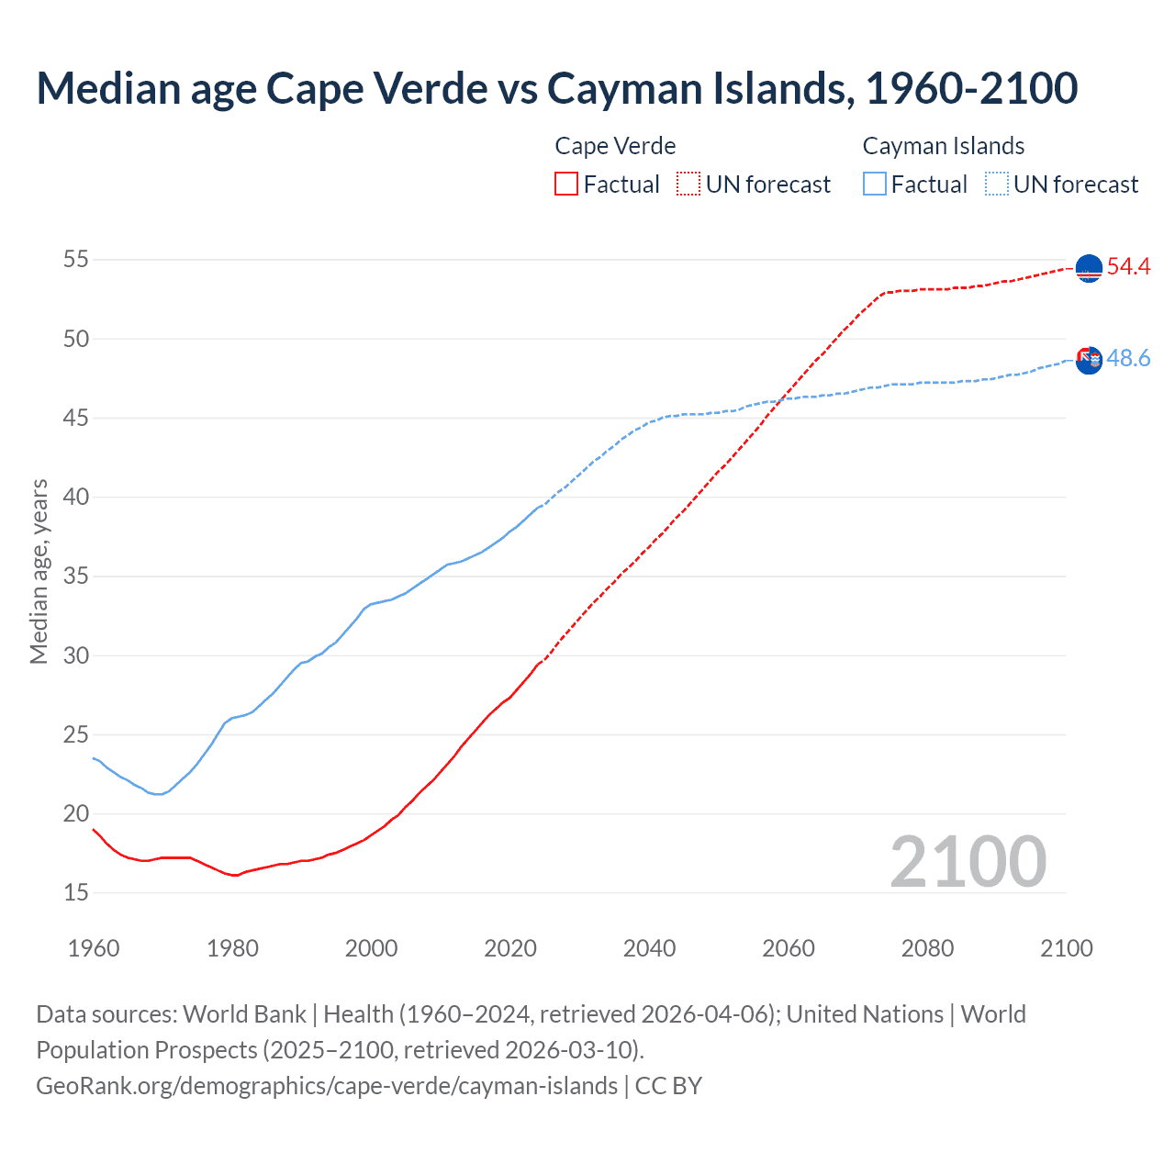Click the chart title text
tap(556, 88)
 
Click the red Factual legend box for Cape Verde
tap(566, 185)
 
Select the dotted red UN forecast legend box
tap(688, 185)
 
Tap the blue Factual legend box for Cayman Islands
tap(875, 185)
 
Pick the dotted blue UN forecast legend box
tap(997, 185)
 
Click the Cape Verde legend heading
tap(615, 146)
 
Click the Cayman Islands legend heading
tap(943, 146)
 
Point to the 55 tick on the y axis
tap(76, 260)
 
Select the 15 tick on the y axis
tap(76, 892)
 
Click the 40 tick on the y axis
tap(76, 497)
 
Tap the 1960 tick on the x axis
tap(94, 948)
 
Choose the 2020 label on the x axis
tap(510, 948)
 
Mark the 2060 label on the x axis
tap(789, 948)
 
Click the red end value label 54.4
tap(1128, 267)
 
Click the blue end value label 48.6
tap(1128, 359)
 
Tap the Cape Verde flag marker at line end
tap(1089, 268)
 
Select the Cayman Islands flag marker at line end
tap(1089, 360)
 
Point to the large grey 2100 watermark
tap(968, 862)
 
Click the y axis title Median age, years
tap(39, 571)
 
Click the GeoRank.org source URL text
tap(327, 1086)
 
